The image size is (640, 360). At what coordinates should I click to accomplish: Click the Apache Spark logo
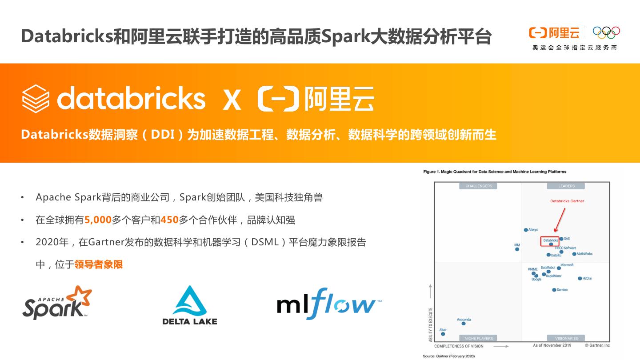57,303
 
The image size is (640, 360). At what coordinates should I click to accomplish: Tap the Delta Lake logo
190,305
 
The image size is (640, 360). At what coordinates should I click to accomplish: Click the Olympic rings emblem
606,32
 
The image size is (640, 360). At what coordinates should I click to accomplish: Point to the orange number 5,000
98,220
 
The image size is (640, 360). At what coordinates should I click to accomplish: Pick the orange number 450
169,220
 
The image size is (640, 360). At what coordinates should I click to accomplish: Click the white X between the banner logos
232,100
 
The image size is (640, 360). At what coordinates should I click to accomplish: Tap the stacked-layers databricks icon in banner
36,99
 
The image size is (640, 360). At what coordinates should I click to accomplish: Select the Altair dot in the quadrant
443,334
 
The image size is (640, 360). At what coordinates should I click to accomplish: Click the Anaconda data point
464,324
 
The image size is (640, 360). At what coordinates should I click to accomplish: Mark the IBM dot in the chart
517,249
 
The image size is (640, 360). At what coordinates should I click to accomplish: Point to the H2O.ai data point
580,279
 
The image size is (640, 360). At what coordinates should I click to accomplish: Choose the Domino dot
554,290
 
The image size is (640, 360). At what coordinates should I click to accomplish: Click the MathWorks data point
574,254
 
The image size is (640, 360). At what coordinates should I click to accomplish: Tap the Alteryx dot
526,230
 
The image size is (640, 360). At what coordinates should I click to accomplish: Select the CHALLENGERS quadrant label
479,186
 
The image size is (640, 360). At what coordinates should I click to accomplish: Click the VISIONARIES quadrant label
566,338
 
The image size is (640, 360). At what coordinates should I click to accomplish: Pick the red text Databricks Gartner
567,201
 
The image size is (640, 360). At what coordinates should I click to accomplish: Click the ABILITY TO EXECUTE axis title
430,324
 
